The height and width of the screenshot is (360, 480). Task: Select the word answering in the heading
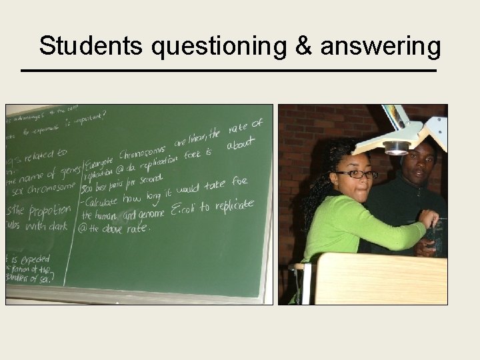point(381,48)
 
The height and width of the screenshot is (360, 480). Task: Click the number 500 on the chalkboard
point(89,187)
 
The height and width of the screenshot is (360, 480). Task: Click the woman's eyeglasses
point(355,174)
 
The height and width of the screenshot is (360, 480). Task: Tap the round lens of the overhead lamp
point(396,148)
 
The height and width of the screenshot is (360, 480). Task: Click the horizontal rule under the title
point(229,71)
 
